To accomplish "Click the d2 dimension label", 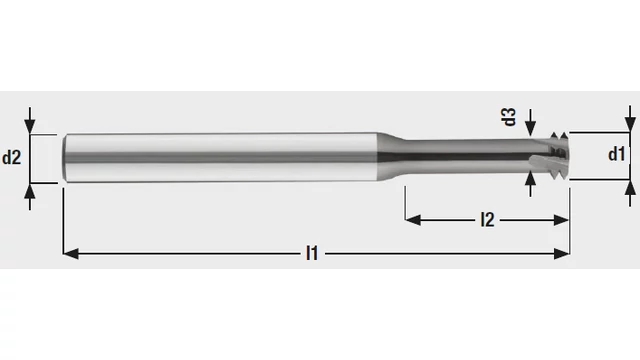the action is click(x=11, y=158).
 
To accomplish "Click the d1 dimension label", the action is click(x=616, y=154).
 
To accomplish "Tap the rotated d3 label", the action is click(x=509, y=117).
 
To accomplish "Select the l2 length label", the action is click(x=487, y=220).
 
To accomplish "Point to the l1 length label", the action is click(x=312, y=253).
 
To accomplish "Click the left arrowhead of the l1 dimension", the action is click(x=71, y=253).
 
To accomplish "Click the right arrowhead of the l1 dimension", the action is click(x=562, y=253).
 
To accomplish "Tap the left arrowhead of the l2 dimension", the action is click(x=413, y=220).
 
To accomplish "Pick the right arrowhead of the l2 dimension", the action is click(x=562, y=220).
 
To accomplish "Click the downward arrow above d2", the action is click(x=30, y=121).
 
